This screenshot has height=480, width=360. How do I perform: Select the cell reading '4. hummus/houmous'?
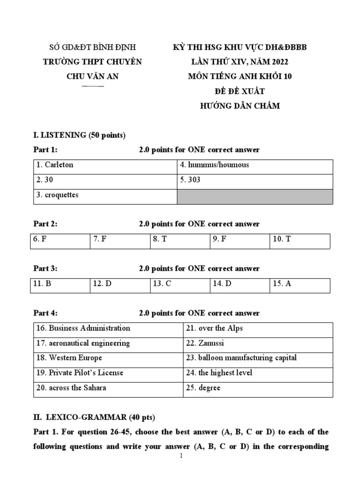pos(214,165)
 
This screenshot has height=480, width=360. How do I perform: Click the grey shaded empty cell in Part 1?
pos(255,196)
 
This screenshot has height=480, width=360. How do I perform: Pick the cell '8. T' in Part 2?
pos(160,239)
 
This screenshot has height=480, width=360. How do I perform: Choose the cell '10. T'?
pos(282,239)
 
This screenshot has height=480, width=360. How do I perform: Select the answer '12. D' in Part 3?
pos(102,284)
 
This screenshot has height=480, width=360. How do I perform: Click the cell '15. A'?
pos(282,284)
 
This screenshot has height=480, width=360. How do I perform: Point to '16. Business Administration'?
pos(83,328)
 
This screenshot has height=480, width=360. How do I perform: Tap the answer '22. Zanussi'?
pos(205,343)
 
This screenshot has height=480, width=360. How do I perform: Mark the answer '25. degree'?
pos(203,388)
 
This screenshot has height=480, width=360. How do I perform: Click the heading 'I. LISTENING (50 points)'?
pos(79,135)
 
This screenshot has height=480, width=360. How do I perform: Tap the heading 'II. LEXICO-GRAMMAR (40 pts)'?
pos(94,417)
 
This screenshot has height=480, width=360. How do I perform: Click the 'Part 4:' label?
pos(45,313)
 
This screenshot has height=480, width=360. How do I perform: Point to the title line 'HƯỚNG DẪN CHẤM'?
pos(240,106)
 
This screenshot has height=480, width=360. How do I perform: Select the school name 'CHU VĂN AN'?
pos(92,76)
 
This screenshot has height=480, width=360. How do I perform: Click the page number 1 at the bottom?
pos(181,456)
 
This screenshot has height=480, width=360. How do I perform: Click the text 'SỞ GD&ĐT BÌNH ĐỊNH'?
pos(92,47)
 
